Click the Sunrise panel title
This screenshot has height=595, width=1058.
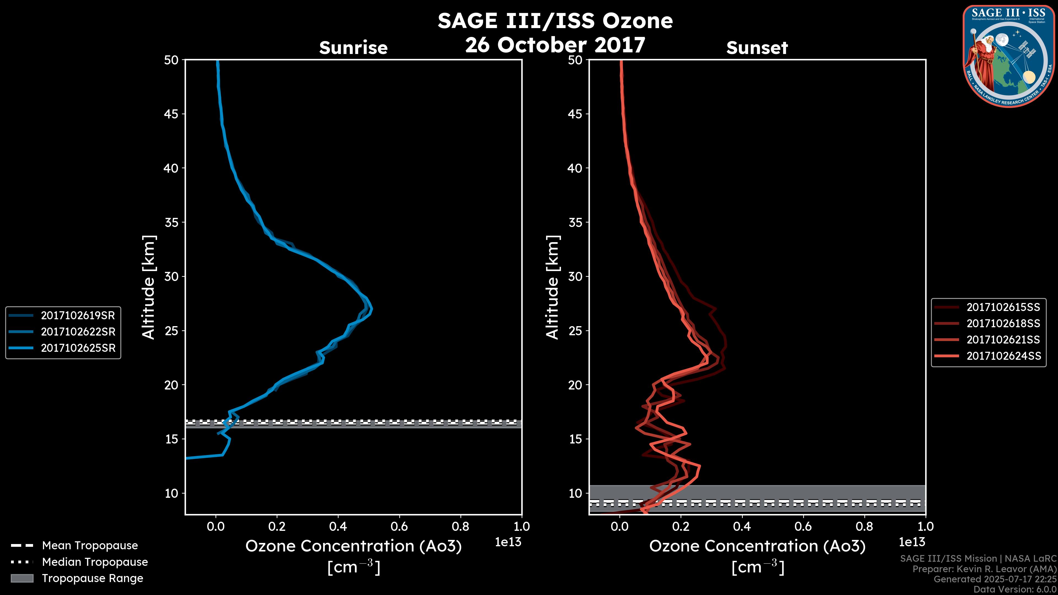tap(353, 48)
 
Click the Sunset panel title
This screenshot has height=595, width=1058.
tap(757, 48)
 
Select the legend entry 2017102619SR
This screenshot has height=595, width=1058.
tap(78, 315)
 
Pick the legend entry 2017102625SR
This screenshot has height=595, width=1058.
tap(78, 348)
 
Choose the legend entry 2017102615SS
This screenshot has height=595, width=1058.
tap(1003, 307)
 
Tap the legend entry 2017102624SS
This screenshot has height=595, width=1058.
tap(1003, 356)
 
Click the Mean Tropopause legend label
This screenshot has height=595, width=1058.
tap(90, 545)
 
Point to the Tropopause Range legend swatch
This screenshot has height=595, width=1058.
tap(22, 578)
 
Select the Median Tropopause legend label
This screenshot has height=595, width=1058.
tap(95, 562)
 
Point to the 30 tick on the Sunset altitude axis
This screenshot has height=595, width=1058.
tap(575, 276)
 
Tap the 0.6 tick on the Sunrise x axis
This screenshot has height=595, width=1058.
tap(399, 526)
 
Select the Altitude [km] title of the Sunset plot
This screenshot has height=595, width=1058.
tap(552, 287)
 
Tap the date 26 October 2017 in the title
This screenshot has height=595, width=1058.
tap(555, 45)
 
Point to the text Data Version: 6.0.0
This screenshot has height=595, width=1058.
tap(1014, 590)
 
